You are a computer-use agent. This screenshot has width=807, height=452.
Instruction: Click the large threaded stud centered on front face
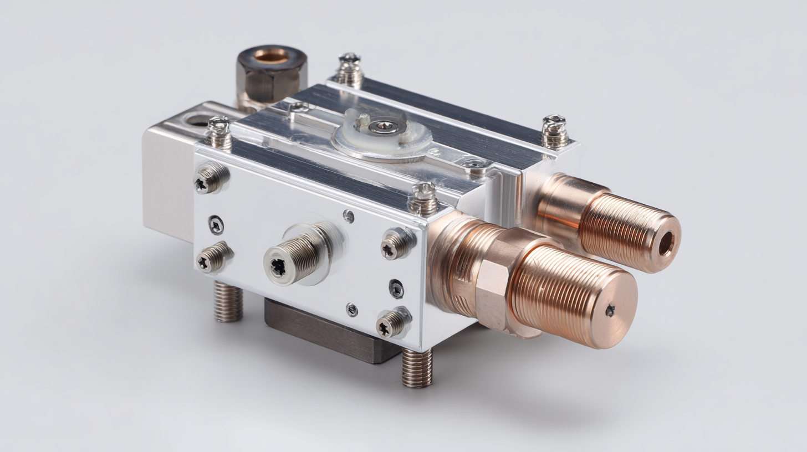[294, 256]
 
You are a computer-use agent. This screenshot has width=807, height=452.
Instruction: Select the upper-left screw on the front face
[210, 179]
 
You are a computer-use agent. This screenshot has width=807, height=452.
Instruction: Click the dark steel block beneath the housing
[327, 332]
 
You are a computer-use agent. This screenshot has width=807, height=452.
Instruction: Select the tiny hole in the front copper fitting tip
[610, 311]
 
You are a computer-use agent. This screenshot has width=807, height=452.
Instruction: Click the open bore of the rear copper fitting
[666, 243]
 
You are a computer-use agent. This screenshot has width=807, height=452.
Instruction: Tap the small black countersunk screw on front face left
[216, 224]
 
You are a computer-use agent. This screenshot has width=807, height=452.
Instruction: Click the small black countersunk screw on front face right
[396, 288]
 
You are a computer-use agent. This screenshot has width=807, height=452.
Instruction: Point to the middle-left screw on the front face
[214, 258]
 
